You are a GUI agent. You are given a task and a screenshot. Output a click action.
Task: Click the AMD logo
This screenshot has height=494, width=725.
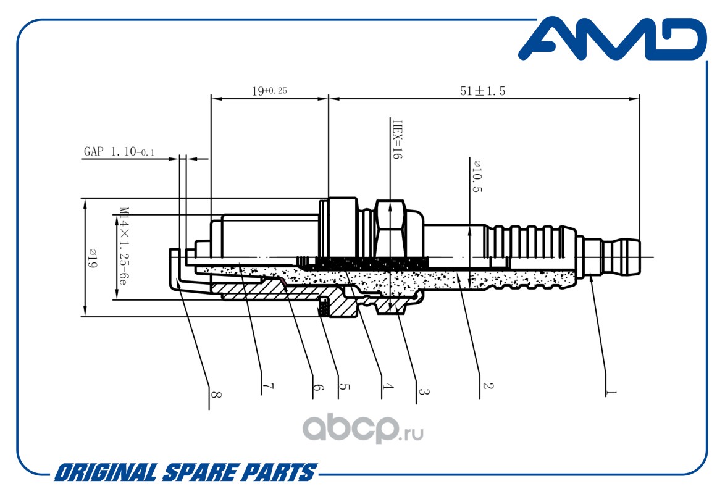[x=612, y=39]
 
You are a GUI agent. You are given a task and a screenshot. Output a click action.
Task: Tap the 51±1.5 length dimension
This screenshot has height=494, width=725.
[x=482, y=91]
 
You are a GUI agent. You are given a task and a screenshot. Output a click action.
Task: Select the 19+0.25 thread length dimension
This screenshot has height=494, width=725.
[x=269, y=91]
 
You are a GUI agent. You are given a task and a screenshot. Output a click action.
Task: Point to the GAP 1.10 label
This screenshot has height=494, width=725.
[x=119, y=151]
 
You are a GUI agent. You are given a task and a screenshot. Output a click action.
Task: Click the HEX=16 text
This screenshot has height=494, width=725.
[x=397, y=140]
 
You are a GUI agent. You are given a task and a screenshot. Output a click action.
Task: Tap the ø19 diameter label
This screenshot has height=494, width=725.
[x=92, y=259]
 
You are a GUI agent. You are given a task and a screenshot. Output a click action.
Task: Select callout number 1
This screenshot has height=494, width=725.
[x=611, y=392]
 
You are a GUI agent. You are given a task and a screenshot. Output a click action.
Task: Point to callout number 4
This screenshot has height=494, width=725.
[x=387, y=386]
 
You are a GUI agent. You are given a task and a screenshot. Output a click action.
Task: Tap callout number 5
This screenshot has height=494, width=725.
[x=344, y=386]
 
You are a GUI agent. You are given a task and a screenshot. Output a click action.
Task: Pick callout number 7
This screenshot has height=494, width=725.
[x=268, y=386]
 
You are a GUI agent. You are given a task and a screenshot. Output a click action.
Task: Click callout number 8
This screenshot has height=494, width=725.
[x=216, y=395]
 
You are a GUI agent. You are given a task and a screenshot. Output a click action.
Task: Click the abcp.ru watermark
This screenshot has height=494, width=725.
[x=363, y=429]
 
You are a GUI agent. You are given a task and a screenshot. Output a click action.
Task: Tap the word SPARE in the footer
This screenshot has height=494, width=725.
[x=201, y=473]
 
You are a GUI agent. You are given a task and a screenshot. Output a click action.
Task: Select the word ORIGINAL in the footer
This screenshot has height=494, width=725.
[x=106, y=473]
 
